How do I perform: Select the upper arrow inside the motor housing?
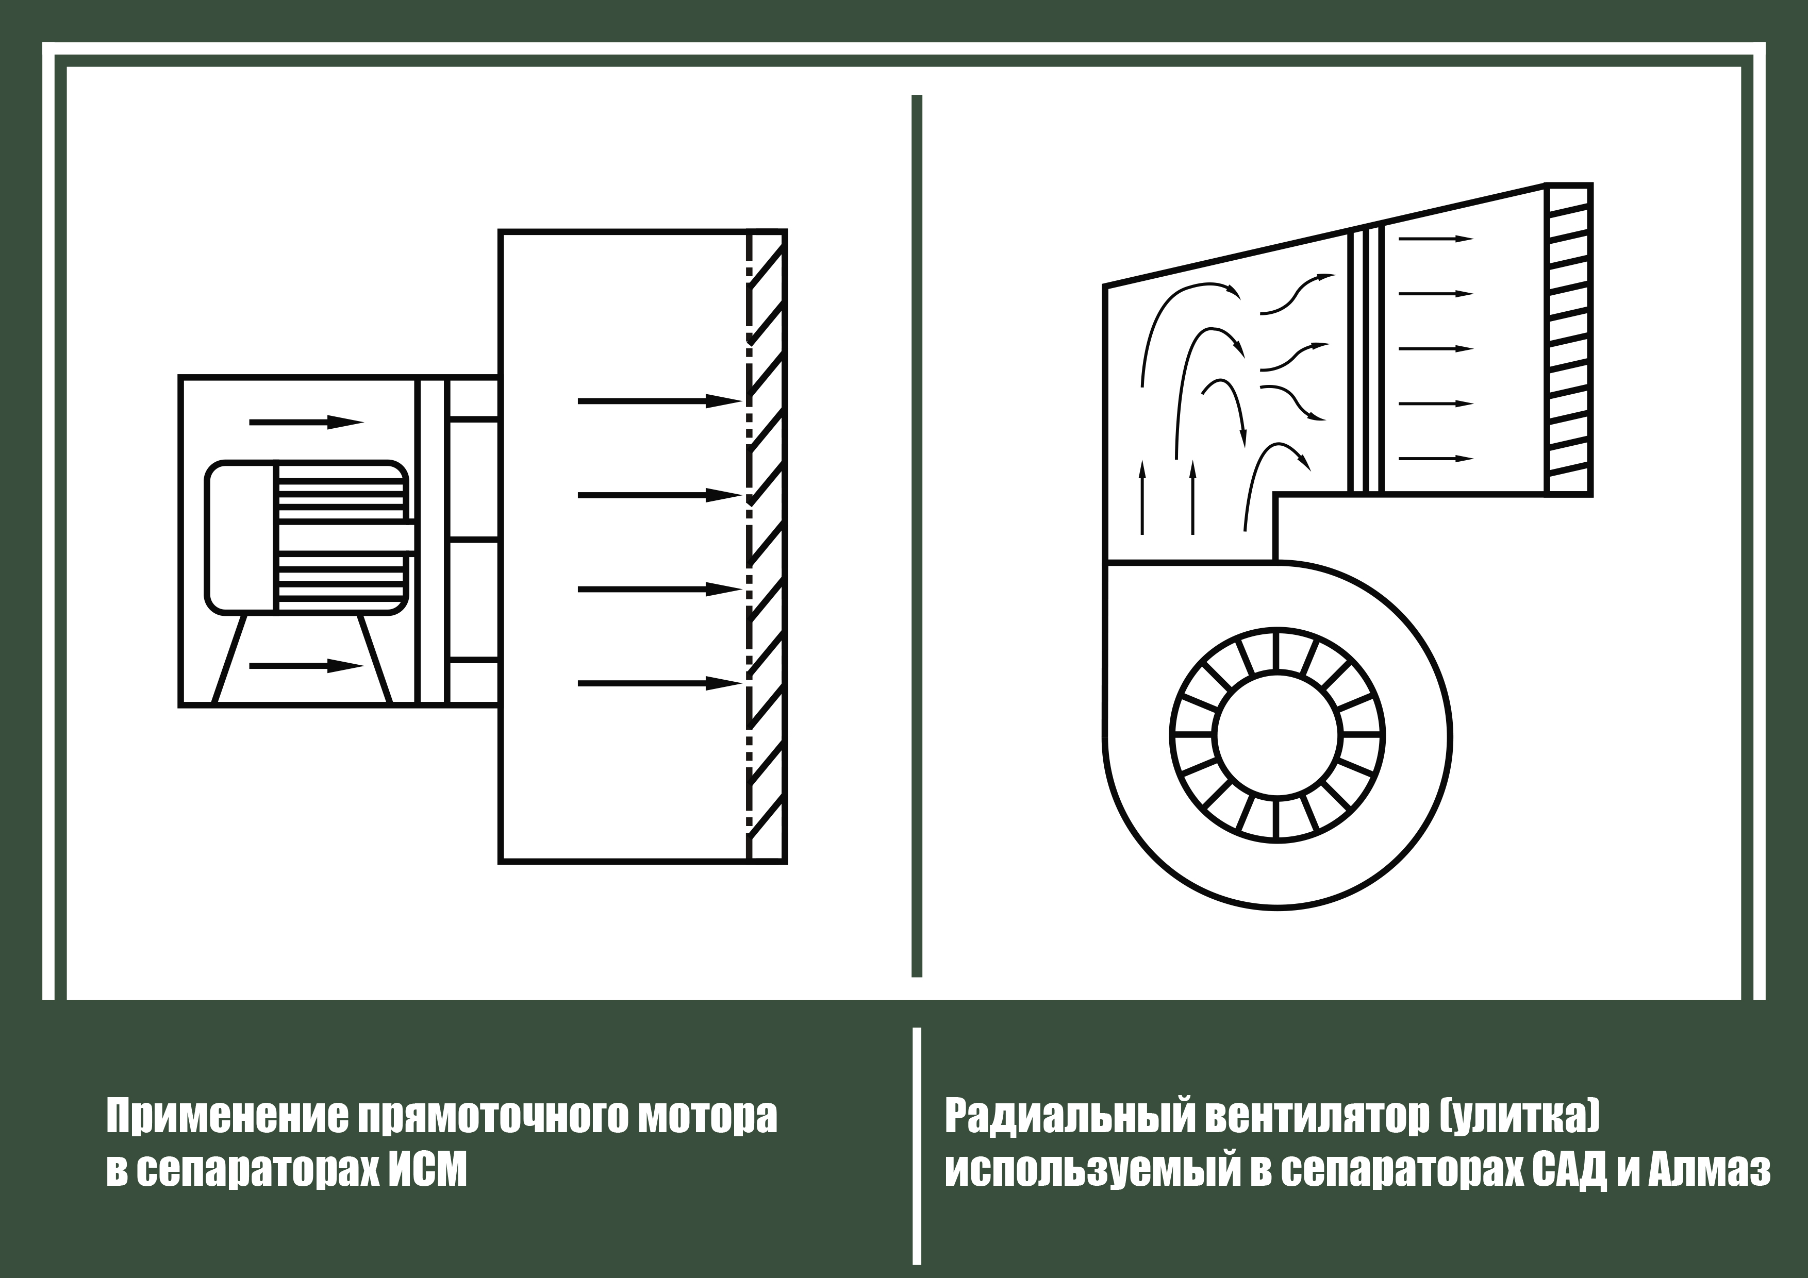pos(306,422)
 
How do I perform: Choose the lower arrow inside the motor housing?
pos(306,666)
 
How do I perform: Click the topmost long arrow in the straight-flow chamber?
pos(660,401)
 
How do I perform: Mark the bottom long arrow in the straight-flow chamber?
pos(660,683)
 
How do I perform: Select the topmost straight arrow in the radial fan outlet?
pos(1436,239)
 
